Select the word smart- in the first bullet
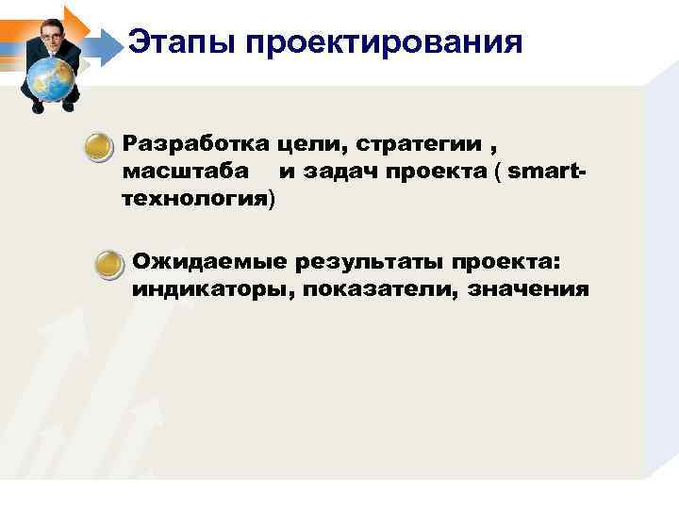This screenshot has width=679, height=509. click(x=548, y=172)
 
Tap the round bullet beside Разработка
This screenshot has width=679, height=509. click(x=96, y=146)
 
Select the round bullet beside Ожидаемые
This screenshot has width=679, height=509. click(x=109, y=264)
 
